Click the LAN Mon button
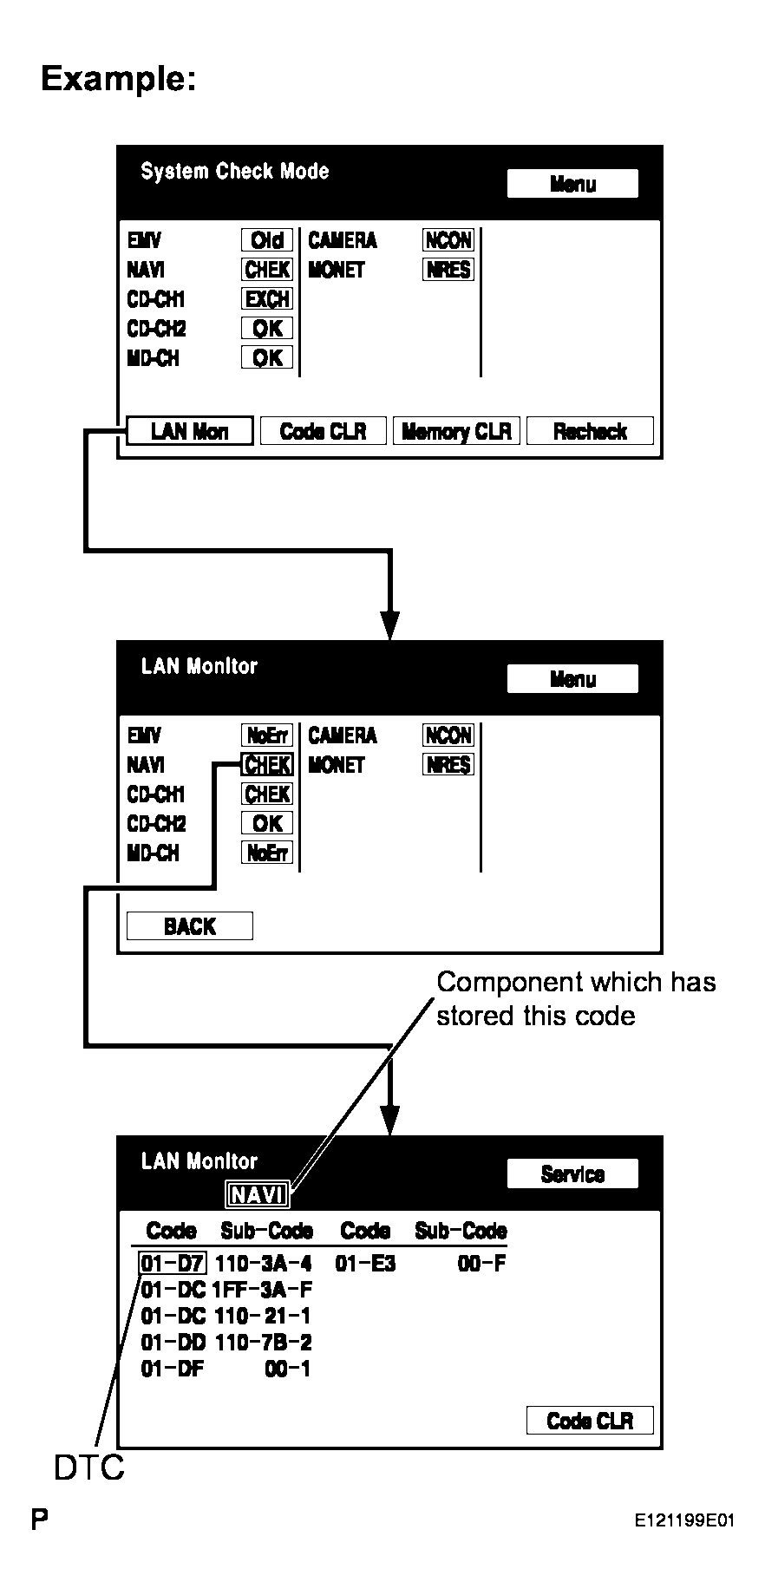[x=190, y=431]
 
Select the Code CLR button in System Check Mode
[x=324, y=431]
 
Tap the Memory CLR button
[x=456, y=431]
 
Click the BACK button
[x=190, y=926]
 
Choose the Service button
[x=572, y=1173]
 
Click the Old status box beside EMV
[x=267, y=240]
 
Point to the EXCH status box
[x=267, y=299]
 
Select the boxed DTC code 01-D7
[x=173, y=1264]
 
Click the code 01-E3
[x=365, y=1264]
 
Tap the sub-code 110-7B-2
[x=263, y=1343]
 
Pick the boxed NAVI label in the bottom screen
[x=258, y=1195]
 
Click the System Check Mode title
[x=235, y=171]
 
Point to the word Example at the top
[x=119, y=79]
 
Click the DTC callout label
[x=88, y=1468]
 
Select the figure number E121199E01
[x=684, y=1520]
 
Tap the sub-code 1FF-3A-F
[x=262, y=1290]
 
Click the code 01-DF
[x=172, y=1369]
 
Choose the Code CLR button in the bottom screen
[x=590, y=1421]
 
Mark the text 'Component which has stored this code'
[x=576, y=998]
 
